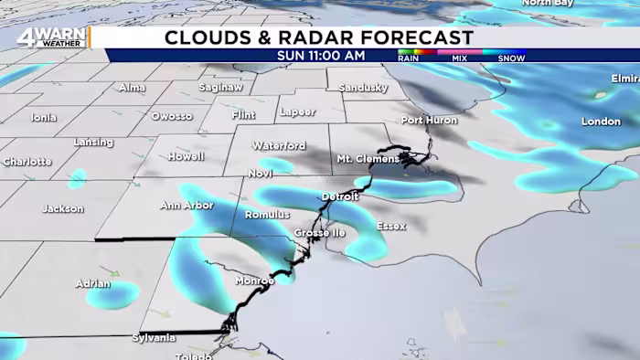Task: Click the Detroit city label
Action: tap(339, 197)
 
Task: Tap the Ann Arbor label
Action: tap(187, 206)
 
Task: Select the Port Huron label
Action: tap(428, 120)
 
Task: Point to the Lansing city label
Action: tap(93, 143)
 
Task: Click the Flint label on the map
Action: tap(244, 115)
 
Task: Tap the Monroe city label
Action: tap(254, 281)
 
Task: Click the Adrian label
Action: tap(93, 283)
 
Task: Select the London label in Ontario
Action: tap(601, 122)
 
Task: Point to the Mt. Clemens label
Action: tap(368, 159)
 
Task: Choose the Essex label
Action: tap(390, 226)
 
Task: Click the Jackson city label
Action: tap(62, 209)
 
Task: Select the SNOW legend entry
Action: tap(510, 58)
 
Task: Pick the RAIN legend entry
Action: tap(409, 58)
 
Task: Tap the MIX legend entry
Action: tap(458, 58)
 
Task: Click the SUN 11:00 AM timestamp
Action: tap(322, 56)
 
